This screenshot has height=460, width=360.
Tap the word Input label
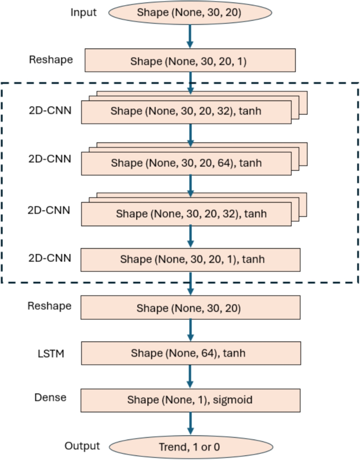click(84, 12)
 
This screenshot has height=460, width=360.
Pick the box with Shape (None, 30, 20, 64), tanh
click(186, 163)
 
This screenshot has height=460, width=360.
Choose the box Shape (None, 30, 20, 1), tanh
click(191, 259)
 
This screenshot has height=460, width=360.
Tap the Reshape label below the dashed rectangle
click(50, 305)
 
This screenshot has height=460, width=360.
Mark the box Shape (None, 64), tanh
click(191, 353)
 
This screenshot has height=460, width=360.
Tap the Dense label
click(52, 397)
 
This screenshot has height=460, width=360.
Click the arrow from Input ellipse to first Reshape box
click(191, 37)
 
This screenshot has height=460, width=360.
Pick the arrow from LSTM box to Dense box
click(191, 376)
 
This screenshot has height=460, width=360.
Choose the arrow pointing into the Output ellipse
click(191, 424)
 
